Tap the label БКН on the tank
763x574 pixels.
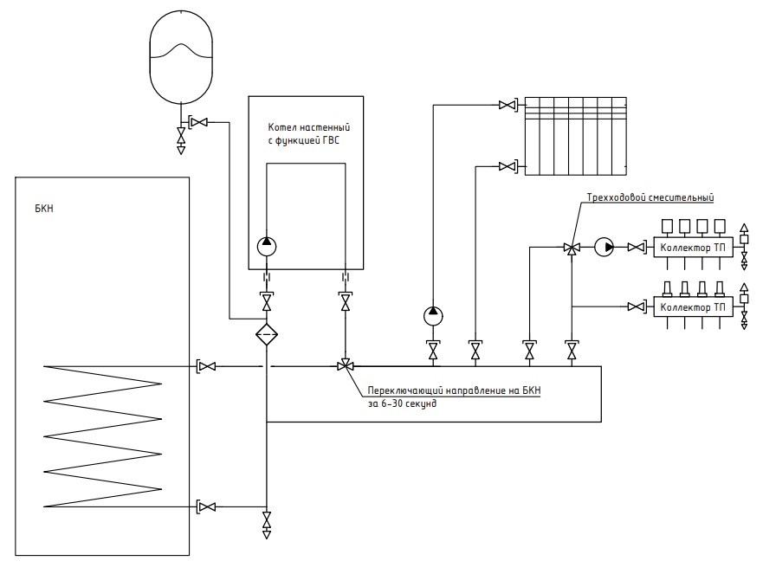(44, 209)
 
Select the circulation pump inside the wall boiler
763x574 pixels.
(267, 247)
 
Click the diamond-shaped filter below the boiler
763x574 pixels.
(267, 334)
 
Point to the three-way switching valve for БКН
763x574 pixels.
(345, 365)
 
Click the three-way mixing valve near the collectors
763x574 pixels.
(572, 248)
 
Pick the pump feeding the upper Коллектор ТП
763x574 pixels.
(604, 247)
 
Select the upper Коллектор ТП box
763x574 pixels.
(693, 248)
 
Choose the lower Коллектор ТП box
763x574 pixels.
(693, 307)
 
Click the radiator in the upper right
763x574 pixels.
(576, 136)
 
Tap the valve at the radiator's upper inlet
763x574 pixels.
(507, 105)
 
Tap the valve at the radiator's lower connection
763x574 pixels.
(507, 167)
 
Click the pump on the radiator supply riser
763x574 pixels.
(433, 316)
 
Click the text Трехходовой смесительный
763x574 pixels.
(650, 197)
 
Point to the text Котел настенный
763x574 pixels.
(309, 127)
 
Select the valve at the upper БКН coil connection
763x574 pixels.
(208, 366)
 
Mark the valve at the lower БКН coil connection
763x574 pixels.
(208, 506)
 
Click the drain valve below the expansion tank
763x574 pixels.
(181, 136)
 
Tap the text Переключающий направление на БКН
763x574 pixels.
(454, 390)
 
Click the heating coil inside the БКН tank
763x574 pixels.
(103, 436)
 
